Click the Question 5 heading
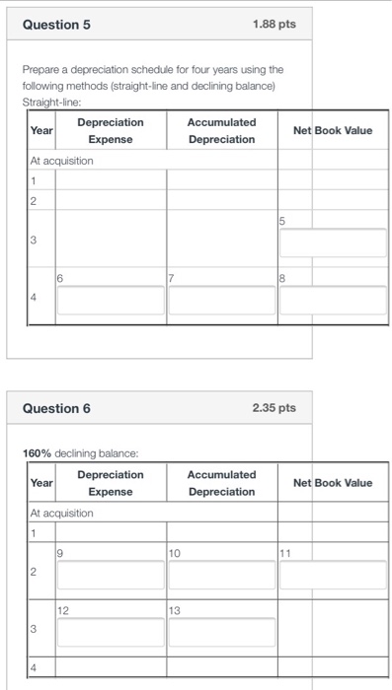click(x=57, y=24)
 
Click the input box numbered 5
click(x=334, y=243)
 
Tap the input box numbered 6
click(x=110, y=301)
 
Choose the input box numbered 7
click(x=221, y=301)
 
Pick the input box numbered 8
click(x=334, y=301)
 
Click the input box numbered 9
click(x=110, y=573)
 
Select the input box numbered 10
click(x=221, y=573)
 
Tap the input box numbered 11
click(x=334, y=573)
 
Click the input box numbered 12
click(x=110, y=632)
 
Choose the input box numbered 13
click(x=221, y=632)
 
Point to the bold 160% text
click(x=38, y=452)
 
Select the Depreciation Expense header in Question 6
click(x=110, y=483)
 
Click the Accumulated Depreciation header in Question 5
click(x=221, y=130)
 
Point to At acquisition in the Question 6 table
click(x=62, y=514)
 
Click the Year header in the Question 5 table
click(x=41, y=130)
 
